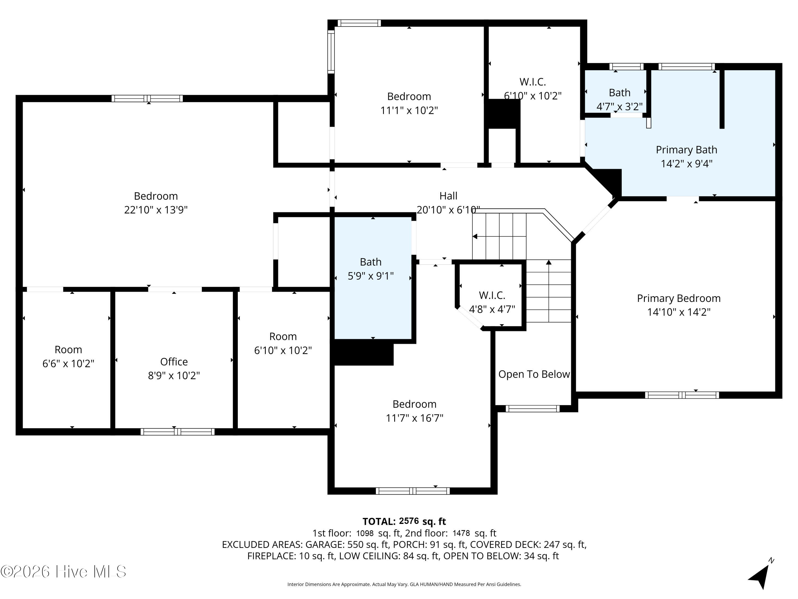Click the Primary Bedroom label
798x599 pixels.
point(679,298)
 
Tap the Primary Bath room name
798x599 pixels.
point(686,149)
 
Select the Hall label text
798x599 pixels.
point(448,196)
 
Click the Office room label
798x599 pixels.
point(174,362)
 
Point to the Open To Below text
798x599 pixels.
point(534,374)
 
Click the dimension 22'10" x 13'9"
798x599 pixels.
point(156,210)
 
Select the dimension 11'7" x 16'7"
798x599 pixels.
point(414,418)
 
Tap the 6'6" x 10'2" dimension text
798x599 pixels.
point(68,363)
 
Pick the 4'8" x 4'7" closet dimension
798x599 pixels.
point(492,309)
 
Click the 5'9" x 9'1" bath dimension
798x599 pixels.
point(371,276)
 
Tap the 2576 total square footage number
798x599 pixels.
point(409,521)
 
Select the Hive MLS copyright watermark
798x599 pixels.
point(64,572)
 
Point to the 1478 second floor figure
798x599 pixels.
point(461,533)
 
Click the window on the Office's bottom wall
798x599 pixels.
point(177,432)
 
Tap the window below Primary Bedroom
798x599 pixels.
point(682,395)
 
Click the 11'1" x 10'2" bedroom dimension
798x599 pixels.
point(409,110)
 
